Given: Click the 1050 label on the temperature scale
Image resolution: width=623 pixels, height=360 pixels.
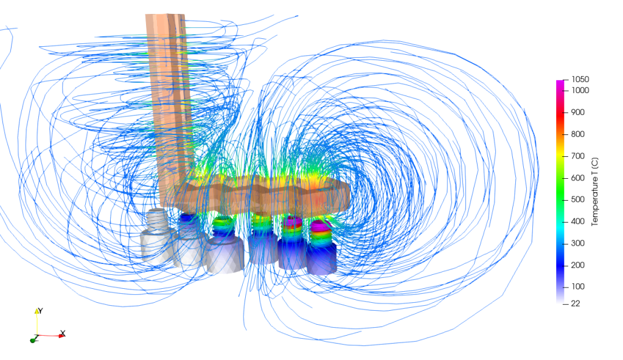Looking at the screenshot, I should click(580, 79).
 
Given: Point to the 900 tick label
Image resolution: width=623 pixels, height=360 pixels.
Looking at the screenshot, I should click(577, 112).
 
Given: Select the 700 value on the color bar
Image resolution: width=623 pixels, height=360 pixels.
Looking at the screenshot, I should click(577, 156).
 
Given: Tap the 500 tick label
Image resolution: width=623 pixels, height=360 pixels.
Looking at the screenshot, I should click(577, 199).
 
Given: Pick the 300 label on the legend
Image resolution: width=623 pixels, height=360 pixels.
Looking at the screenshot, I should click(577, 243).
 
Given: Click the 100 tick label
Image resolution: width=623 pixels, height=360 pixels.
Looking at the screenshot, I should click(577, 286).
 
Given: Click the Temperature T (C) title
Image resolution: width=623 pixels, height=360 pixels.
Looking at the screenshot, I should click(596, 190).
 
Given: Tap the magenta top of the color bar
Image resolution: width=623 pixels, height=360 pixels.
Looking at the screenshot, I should click(560, 84).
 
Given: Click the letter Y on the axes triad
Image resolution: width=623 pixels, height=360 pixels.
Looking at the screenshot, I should click(41, 311).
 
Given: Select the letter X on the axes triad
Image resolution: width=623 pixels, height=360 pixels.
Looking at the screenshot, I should click(63, 333).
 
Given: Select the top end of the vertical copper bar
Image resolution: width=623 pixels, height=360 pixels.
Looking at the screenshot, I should click(165, 18).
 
